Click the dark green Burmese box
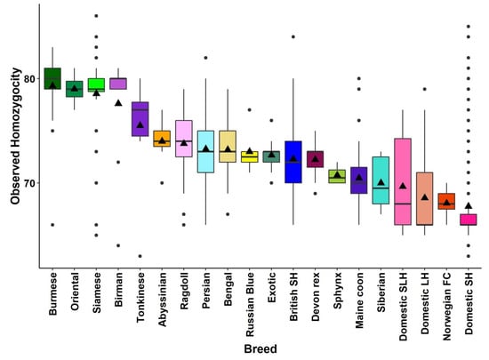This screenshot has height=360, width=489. coord(52,79)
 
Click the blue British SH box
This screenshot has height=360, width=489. coord(293,162)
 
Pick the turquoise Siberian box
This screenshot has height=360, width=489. coord(381,180)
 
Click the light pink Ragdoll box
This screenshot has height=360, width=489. coord(183,138)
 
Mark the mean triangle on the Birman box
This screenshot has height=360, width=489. coord(117,103)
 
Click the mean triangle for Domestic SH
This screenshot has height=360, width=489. coord(468,206)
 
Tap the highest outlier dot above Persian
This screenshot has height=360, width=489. coord(205,58)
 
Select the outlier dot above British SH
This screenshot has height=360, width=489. coord(293,37)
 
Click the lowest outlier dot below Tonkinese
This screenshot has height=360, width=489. coord(140,256)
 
